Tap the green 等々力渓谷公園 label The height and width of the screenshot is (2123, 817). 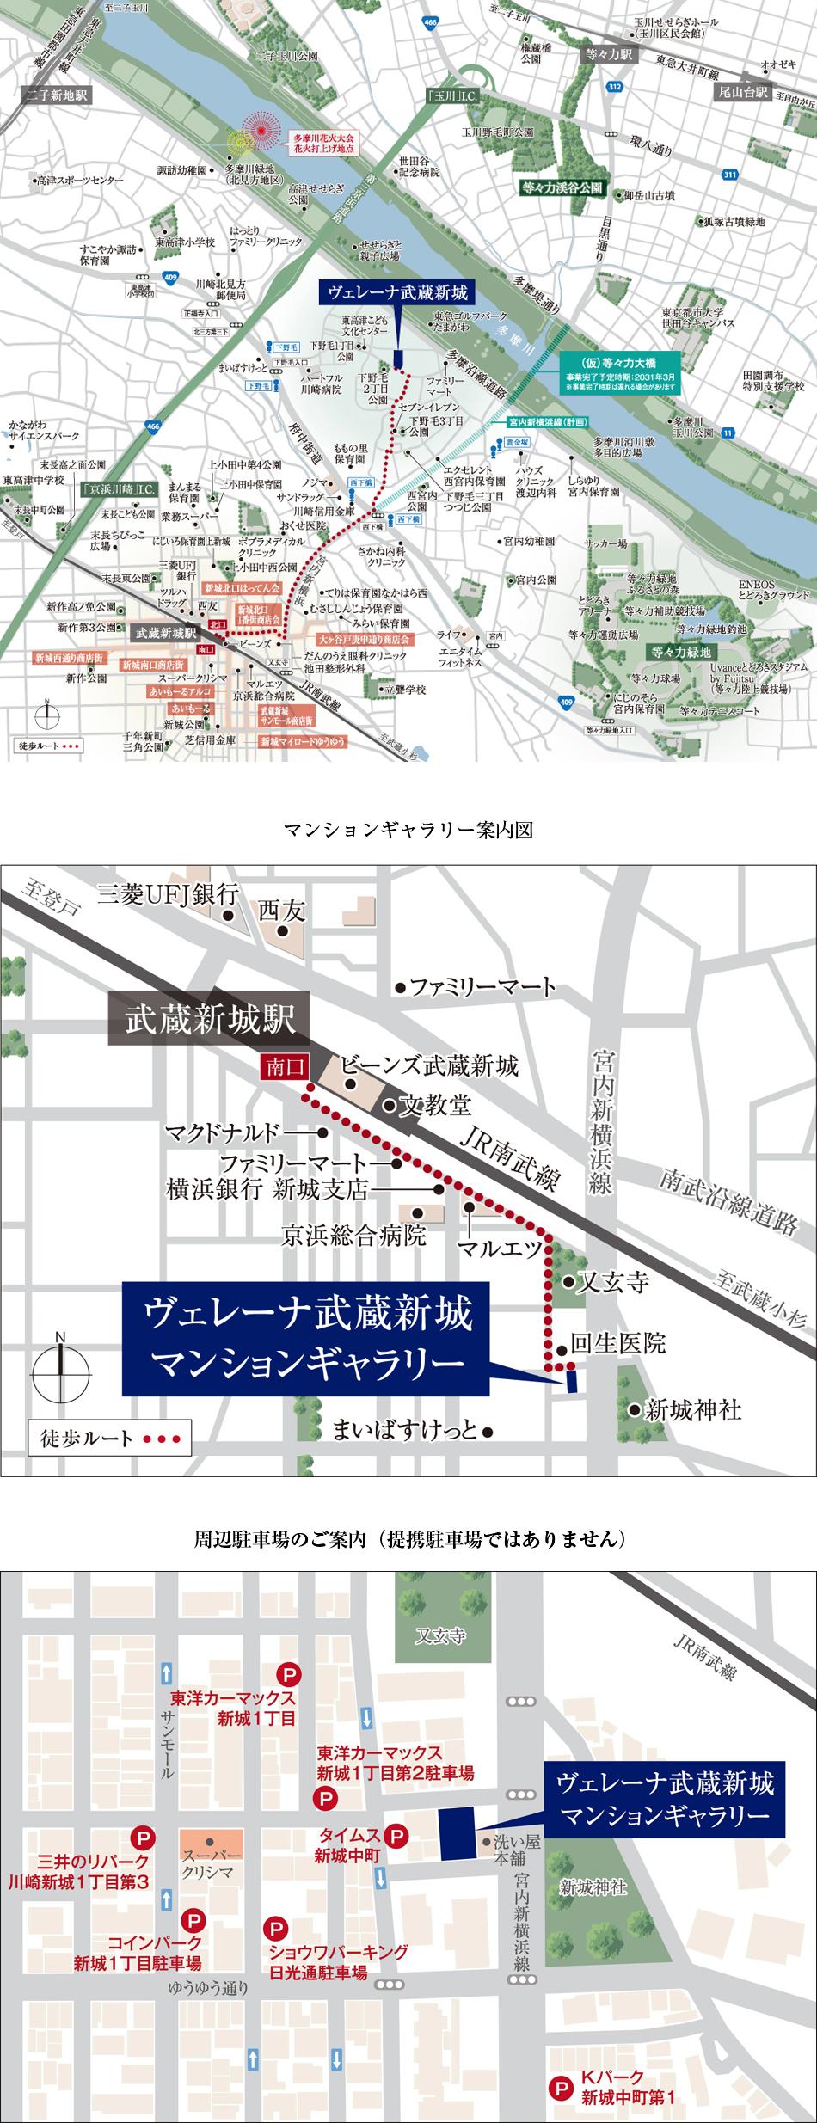click(x=564, y=187)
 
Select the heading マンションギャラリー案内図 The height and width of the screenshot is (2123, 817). click(x=408, y=831)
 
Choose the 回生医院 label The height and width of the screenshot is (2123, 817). click(x=617, y=1344)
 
